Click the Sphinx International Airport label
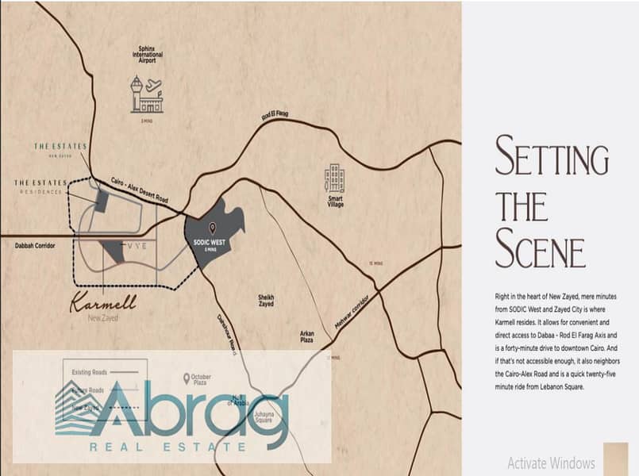click(x=149, y=54)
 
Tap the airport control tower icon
click(x=137, y=93)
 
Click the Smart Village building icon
click(x=334, y=178)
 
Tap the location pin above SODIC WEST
click(x=212, y=228)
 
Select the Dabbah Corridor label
click(x=35, y=246)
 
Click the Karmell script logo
click(x=103, y=302)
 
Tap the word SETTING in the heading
click(x=551, y=155)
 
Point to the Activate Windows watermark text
click(x=550, y=463)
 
